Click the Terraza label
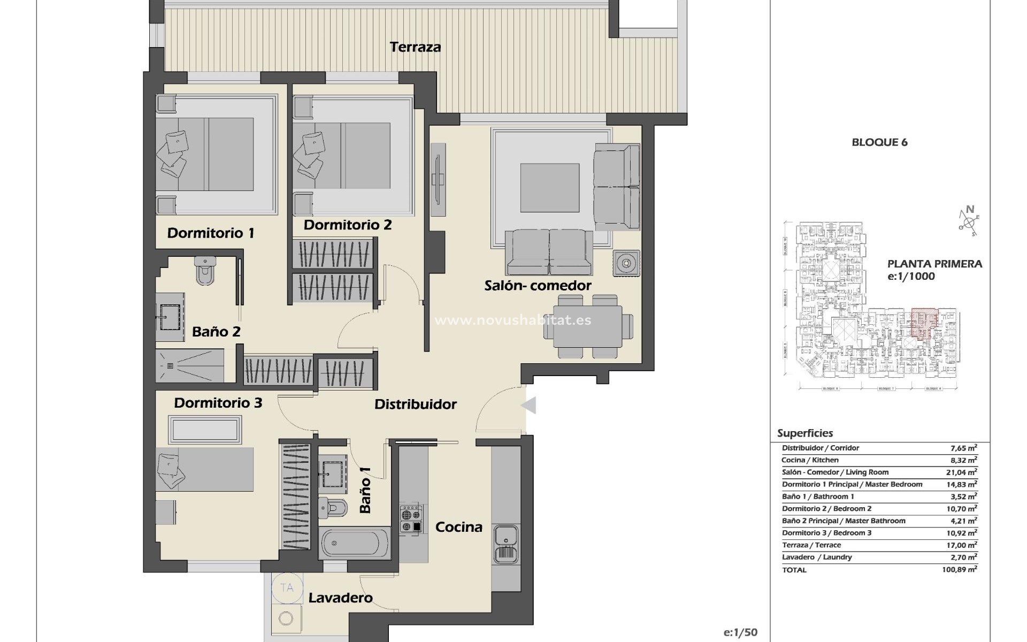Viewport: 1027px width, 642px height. tap(416, 47)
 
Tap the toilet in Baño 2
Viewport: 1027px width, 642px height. tap(205, 271)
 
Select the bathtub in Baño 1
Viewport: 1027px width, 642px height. tap(355, 543)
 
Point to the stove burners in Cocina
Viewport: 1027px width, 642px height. tap(411, 520)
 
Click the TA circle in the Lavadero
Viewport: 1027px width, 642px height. tap(287, 588)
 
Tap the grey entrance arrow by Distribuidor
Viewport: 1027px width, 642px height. tap(529, 406)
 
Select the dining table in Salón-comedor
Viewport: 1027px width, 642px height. tap(588, 326)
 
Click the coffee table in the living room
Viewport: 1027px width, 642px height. tap(549, 188)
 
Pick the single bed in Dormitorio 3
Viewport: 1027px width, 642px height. tap(205, 469)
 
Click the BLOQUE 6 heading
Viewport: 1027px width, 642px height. tap(879, 142)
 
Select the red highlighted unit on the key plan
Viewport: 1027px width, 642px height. tap(924, 323)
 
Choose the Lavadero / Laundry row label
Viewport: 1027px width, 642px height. tap(817, 557)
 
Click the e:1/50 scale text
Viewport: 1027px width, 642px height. tap(740, 632)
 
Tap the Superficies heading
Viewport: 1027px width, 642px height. tap(805, 433)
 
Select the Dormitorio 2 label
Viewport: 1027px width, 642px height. tap(348, 225)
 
